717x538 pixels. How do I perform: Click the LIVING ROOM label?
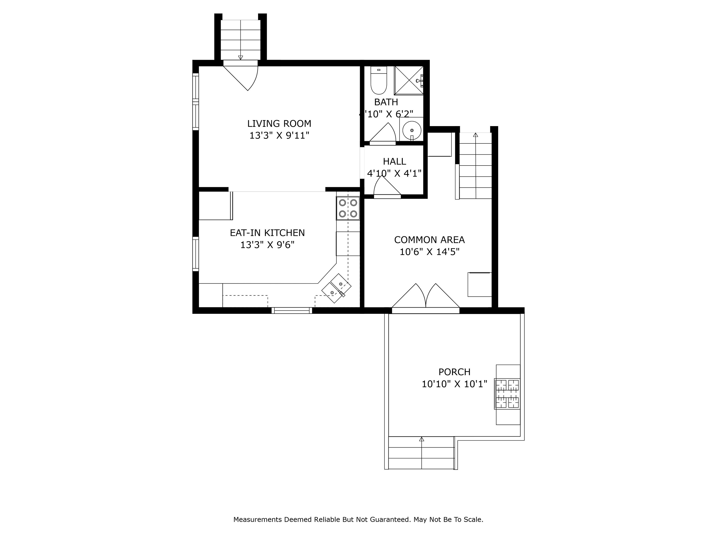[279, 123]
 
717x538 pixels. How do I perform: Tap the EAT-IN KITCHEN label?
[267, 233]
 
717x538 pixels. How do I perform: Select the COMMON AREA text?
[429, 240]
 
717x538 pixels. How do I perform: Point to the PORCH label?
[454, 372]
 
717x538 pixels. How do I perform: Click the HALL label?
[395, 162]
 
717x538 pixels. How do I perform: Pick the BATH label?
[386, 102]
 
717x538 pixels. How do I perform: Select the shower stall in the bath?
[409, 81]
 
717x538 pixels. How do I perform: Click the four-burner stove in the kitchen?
[348, 208]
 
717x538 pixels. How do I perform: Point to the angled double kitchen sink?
[336, 288]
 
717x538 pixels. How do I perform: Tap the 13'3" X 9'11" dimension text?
[279, 136]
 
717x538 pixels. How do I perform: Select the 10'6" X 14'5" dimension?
[429, 252]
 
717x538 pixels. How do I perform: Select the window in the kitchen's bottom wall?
[292, 310]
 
